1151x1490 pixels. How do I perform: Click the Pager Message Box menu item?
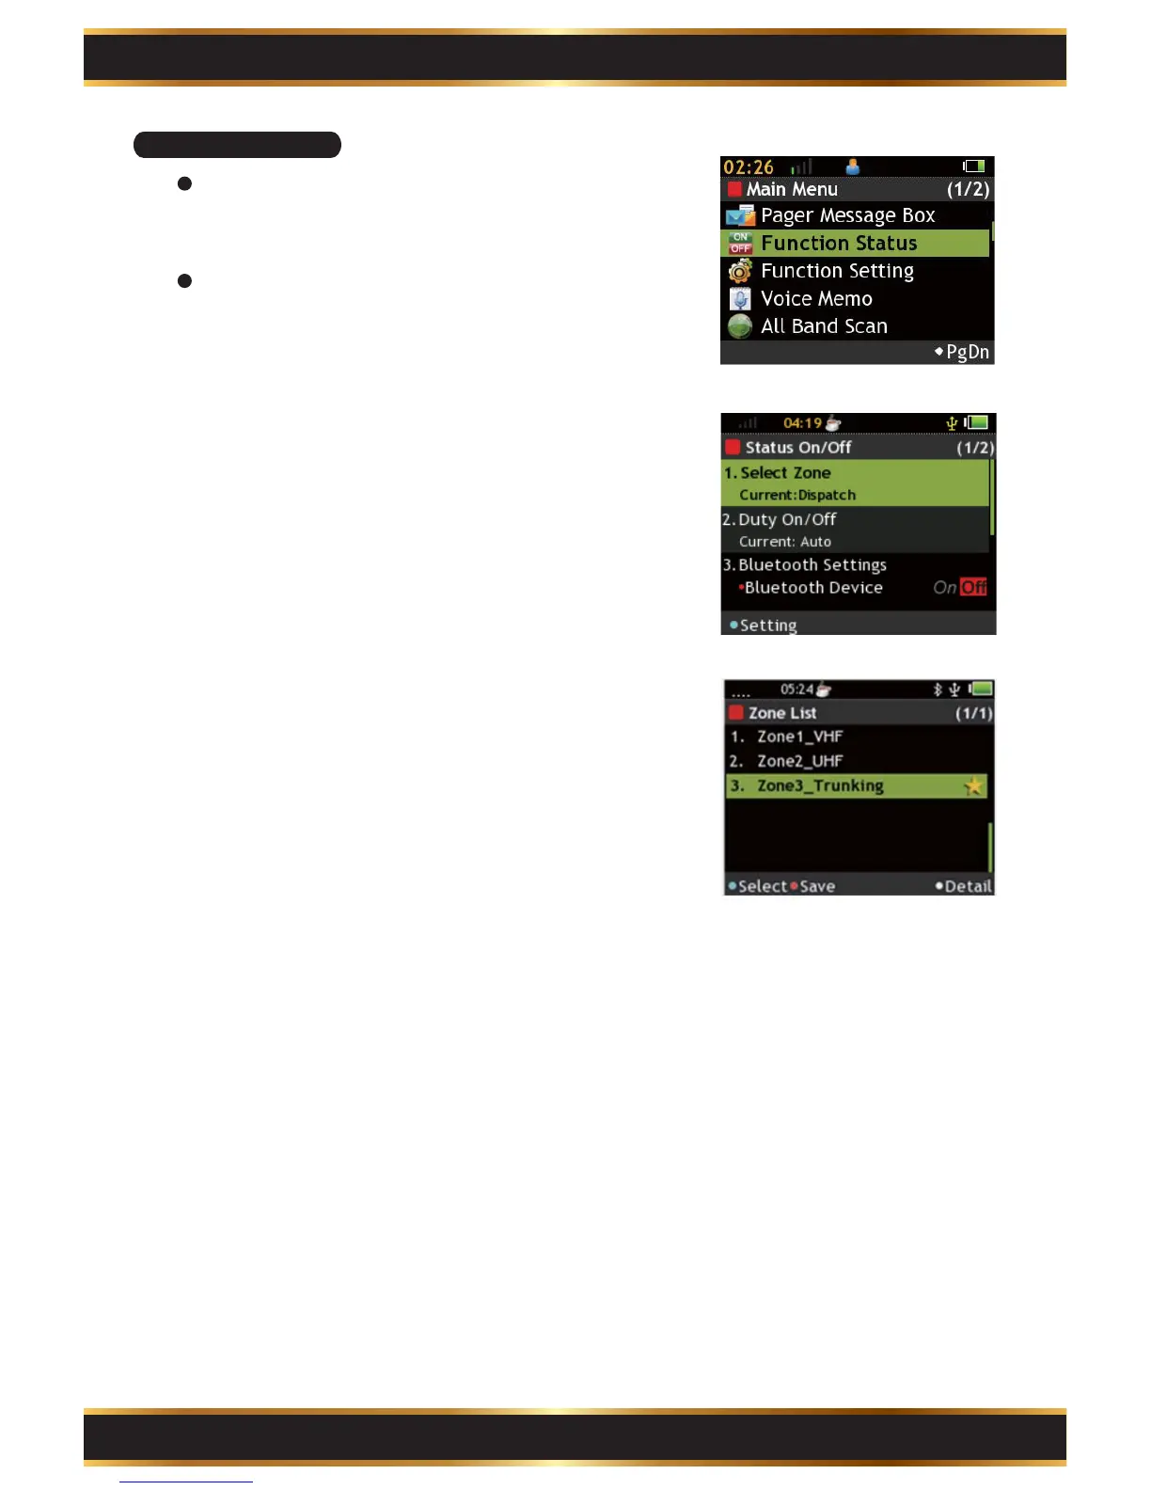(x=847, y=215)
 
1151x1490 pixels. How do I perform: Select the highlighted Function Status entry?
(x=839, y=244)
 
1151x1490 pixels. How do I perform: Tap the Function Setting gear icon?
(x=740, y=272)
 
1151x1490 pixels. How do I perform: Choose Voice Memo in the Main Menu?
(x=816, y=299)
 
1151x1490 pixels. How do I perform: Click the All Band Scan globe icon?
(x=740, y=326)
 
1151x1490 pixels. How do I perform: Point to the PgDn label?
(x=967, y=352)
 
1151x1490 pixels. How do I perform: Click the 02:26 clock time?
(x=749, y=167)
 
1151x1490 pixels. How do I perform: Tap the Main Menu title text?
(x=792, y=189)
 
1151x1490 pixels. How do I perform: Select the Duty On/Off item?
(x=787, y=519)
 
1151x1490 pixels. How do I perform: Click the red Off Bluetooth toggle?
(x=973, y=588)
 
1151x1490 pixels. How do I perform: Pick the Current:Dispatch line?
(x=797, y=496)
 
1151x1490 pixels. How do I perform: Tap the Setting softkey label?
(x=768, y=626)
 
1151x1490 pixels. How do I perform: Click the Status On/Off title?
(x=798, y=448)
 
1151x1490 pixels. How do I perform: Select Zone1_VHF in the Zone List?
(x=799, y=737)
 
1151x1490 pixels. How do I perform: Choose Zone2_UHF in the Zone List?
(x=799, y=761)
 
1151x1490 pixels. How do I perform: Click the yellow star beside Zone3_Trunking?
(x=973, y=785)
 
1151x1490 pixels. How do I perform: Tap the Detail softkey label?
(x=968, y=886)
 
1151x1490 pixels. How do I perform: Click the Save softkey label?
(x=816, y=886)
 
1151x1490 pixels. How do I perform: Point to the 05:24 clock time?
(x=796, y=690)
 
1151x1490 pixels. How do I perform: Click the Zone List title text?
(x=782, y=713)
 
